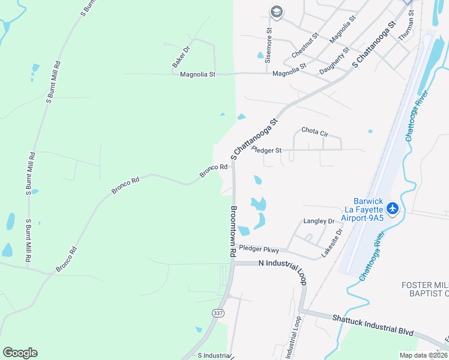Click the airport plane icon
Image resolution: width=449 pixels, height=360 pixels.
(x=393, y=208)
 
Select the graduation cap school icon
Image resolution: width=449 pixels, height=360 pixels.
(x=276, y=11)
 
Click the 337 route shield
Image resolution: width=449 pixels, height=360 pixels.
(x=217, y=313)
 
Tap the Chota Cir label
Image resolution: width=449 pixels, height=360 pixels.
(x=315, y=130)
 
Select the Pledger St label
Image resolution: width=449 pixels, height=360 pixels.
(x=267, y=150)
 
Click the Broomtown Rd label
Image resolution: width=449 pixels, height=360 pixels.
(x=234, y=232)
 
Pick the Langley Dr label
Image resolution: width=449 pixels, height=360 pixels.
(x=319, y=221)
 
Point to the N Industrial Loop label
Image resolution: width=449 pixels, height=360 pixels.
(x=280, y=263)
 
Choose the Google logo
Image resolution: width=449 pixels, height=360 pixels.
(x=20, y=353)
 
